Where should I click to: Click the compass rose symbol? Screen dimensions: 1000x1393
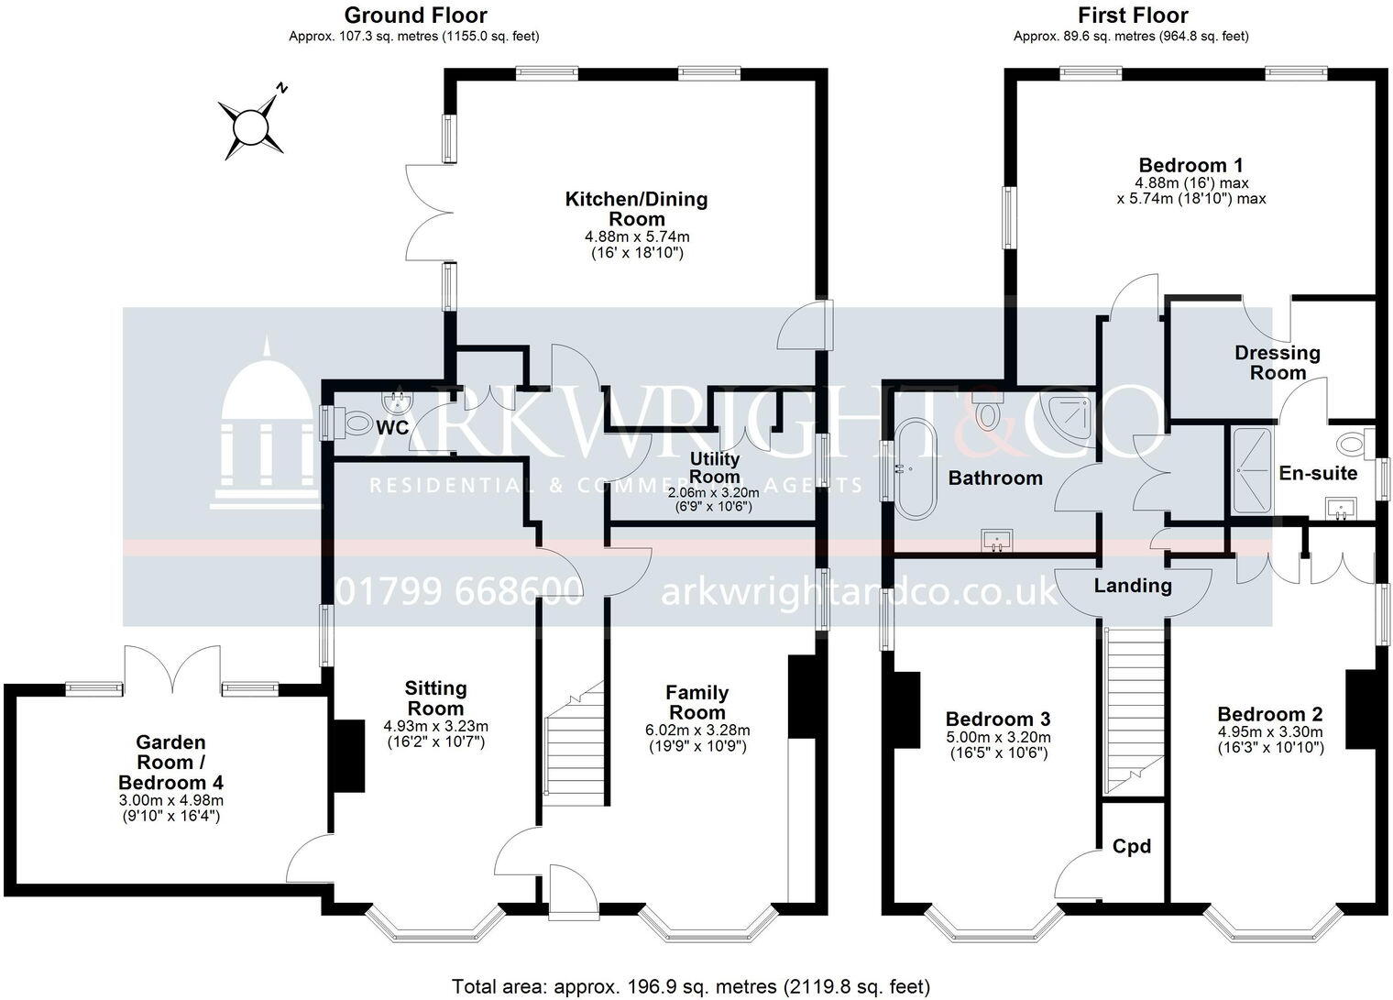coord(250,126)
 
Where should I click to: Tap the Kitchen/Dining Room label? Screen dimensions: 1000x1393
coord(636,209)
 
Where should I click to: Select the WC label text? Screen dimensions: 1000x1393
coord(392,427)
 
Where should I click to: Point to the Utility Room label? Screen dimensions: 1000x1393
coord(715,467)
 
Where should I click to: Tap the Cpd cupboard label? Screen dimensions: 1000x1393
coord(1131,846)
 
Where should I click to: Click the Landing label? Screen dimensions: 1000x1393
coord(1133,586)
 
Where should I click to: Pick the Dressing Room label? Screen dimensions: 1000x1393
coord(1277,363)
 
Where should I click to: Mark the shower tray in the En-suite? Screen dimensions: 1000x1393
coord(1252,470)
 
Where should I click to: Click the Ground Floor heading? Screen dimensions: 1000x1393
coord(415,16)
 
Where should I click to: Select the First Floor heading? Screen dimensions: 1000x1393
coord(1133,16)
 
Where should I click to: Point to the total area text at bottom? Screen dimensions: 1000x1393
coord(691,986)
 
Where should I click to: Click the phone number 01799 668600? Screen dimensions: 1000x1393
coord(459,592)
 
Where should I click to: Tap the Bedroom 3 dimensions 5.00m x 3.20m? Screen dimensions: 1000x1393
coord(998,737)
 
